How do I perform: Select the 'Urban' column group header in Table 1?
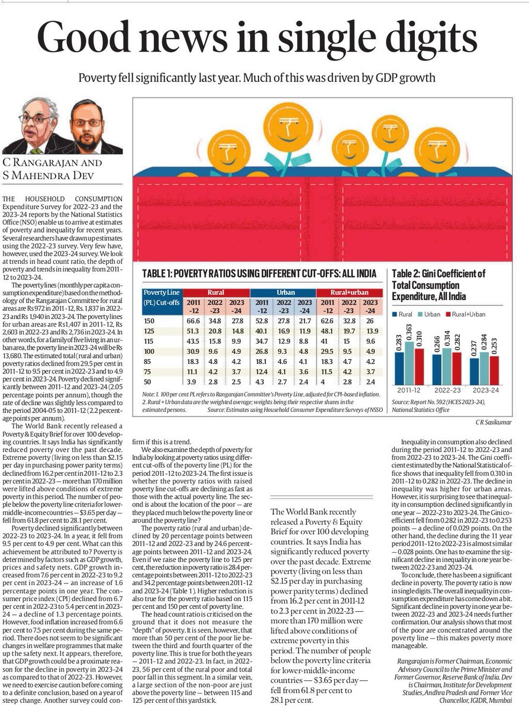point(282,292)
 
